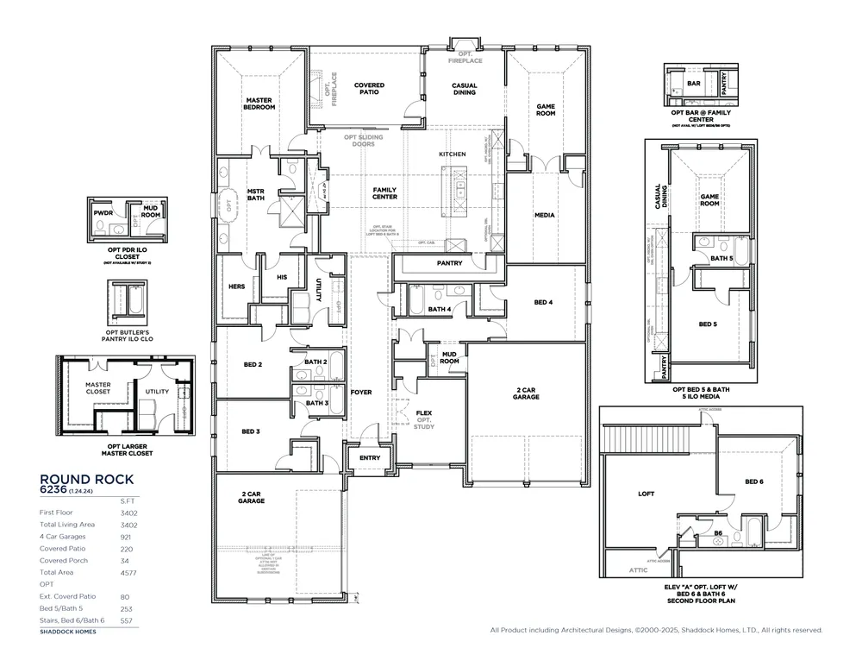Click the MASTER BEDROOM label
259,104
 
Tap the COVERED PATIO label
369,89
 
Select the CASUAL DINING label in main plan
465,89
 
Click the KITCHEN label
452,154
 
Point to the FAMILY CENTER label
384,192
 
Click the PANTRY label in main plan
449,263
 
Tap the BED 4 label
543,302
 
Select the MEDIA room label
544,215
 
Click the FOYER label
361,392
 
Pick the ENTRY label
369,458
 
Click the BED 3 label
251,431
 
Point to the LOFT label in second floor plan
646,494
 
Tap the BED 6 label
754,481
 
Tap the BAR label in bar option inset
694,84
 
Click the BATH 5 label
721,257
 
